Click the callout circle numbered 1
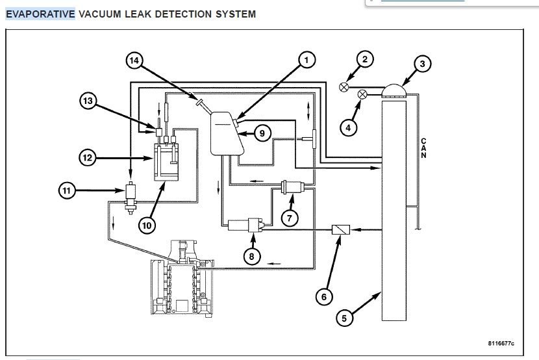point(306,60)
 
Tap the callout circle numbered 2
point(365,60)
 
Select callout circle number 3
point(422,64)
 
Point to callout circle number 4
point(348,127)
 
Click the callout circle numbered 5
point(345,318)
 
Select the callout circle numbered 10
point(147,225)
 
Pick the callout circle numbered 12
point(89,157)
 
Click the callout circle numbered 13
point(89,101)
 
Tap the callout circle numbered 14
point(134,60)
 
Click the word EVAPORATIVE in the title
point(40,14)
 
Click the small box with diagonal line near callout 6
point(341,229)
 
